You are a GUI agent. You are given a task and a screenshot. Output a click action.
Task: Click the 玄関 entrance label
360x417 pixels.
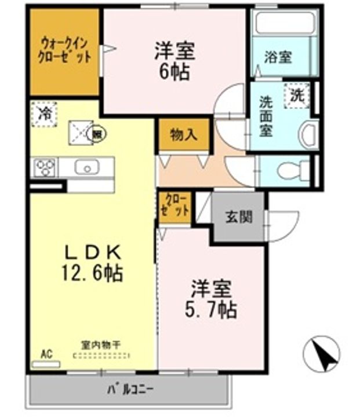pyautogui.click(x=238, y=217)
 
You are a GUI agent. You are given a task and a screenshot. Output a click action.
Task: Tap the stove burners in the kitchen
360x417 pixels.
pyautogui.click(x=45, y=167)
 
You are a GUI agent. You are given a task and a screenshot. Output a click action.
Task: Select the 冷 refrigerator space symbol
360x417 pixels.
pyautogui.click(x=44, y=113)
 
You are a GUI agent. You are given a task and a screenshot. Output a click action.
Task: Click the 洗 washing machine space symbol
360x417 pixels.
pyautogui.click(x=297, y=96)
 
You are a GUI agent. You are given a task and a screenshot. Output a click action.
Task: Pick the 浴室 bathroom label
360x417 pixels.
pyautogui.click(x=278, y=57)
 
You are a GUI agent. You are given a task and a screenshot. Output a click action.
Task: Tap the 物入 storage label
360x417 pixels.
pyautogui.click(x=184, y=135)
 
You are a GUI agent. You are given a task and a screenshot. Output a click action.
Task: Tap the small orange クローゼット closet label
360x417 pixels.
pyautogui.click(x=176, y=206)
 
